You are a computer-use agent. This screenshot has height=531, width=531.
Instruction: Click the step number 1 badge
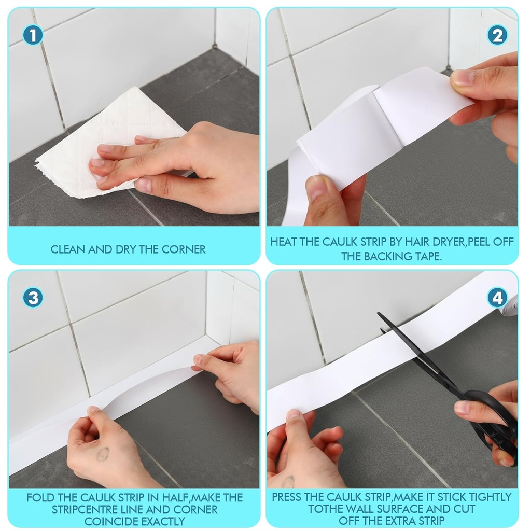click(x=33, y=35)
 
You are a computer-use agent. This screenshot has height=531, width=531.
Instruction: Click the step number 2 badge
click(x=497, y=35)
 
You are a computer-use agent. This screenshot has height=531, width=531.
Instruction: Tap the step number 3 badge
click(x=33, y=298)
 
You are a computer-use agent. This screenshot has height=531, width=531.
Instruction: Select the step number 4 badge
click(x=497, y=298)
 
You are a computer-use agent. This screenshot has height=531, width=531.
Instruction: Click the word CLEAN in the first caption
click(x=68, y=249)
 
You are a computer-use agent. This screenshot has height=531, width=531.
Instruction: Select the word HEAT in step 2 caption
click(x=284, y=242)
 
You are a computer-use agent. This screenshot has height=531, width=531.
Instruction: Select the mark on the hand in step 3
click(x=103, y=454)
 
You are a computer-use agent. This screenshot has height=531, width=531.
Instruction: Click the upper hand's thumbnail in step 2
click(x=462, y=78)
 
